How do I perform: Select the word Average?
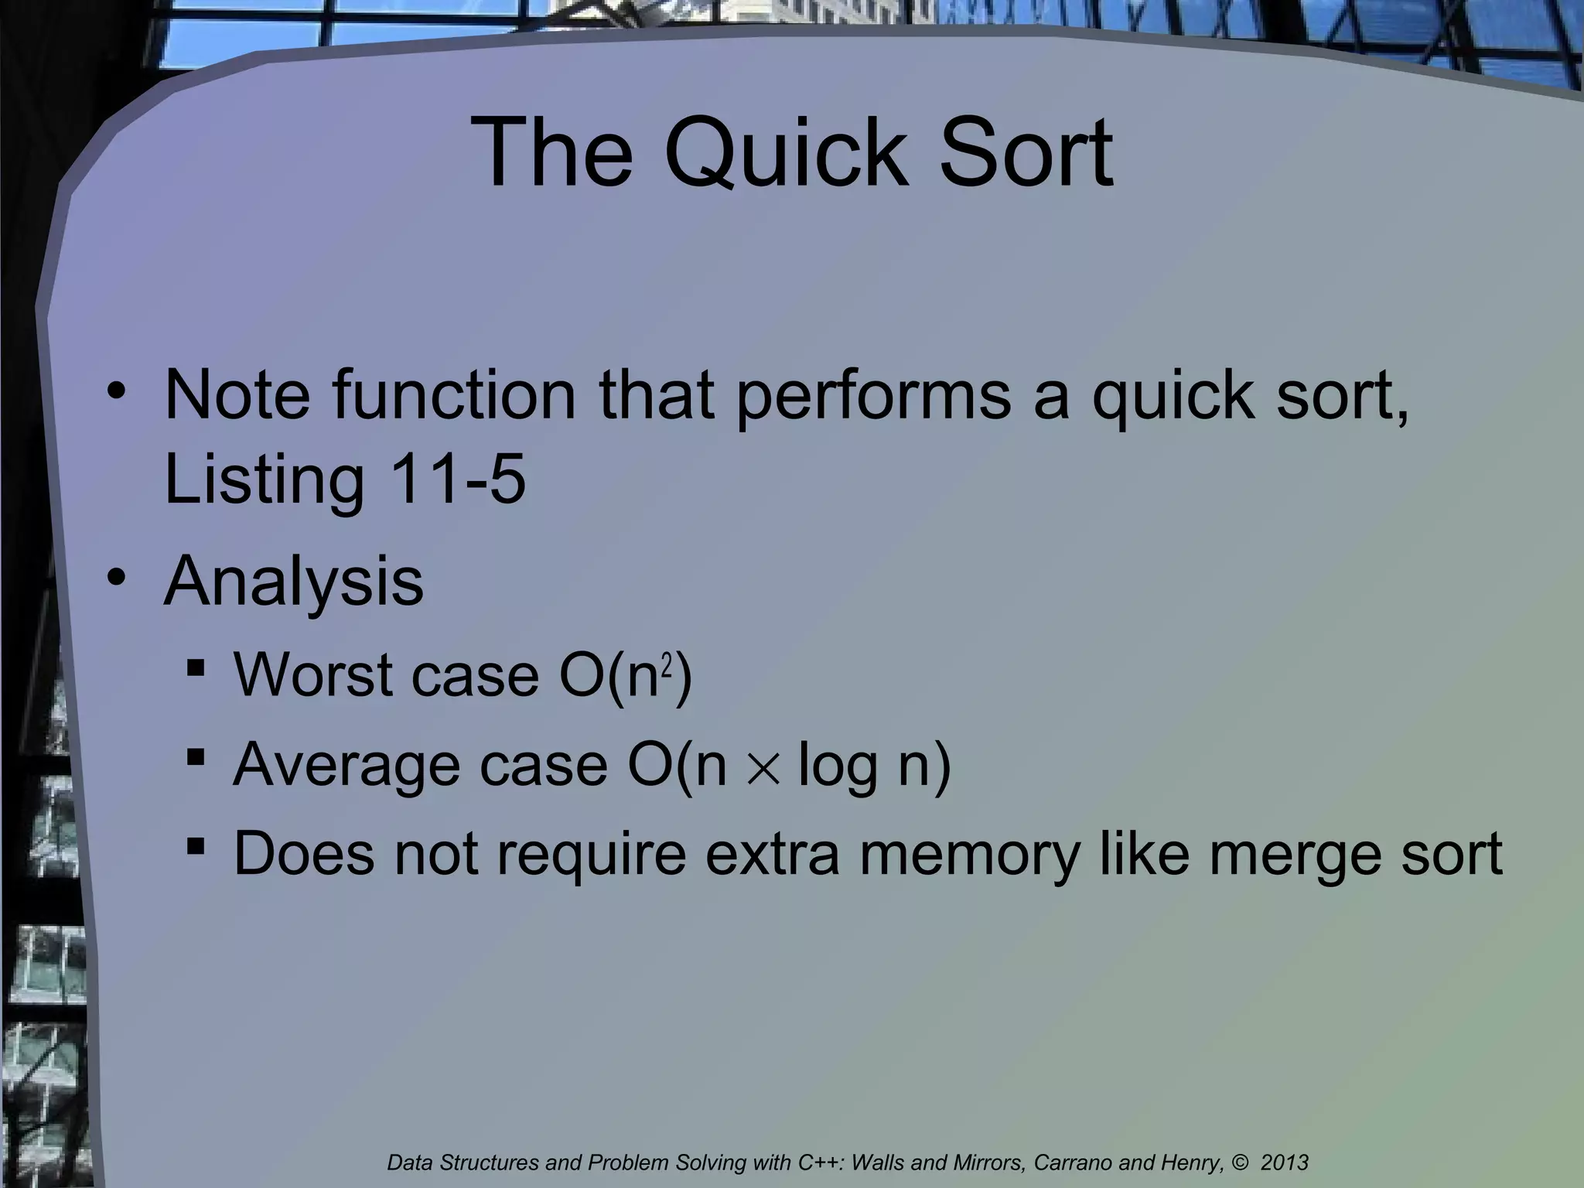coord(345,766)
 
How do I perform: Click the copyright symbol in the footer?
coord(1242,1162)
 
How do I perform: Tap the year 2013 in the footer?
coord(1285,1162)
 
